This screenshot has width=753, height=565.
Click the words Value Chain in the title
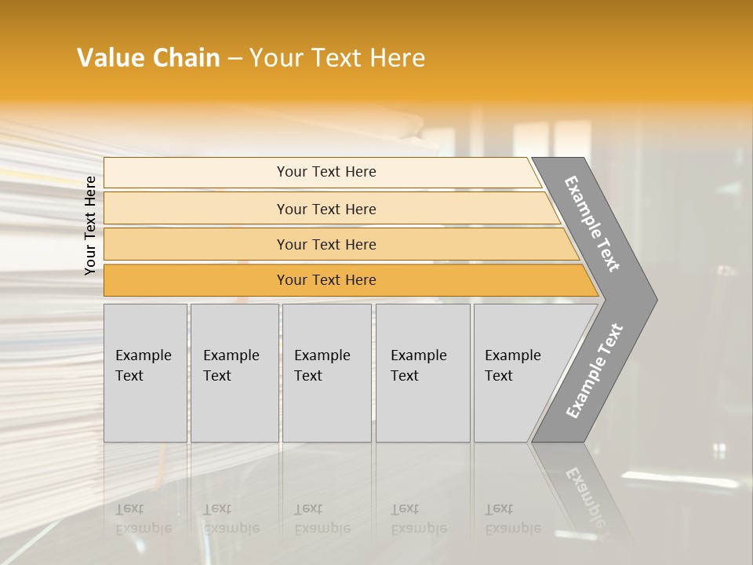tap(148, 58)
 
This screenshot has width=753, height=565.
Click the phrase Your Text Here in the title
tap(337, 58)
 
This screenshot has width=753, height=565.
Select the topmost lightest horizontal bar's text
tap(326, 172)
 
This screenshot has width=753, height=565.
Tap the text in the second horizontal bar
tap(326, 210)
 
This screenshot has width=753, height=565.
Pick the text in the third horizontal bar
tap(326, 245)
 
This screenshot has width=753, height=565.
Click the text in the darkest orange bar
tap(326, 280)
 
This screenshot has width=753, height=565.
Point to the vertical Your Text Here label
tap(90, 225)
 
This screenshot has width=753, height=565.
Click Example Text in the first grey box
tap(143, 366)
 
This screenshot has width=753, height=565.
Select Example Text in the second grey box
tap(231, 366)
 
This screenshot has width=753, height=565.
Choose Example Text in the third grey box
tap(322, 366)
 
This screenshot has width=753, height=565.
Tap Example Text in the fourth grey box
tap(418, 366)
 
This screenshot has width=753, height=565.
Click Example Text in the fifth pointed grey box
tap(512, 366)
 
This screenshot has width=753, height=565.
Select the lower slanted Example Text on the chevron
tap(595, 371)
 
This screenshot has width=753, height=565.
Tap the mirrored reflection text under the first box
tap(143, 519)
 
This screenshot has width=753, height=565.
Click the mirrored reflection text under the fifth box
tap(512, 519)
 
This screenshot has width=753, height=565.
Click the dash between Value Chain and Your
tap(235, 59)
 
